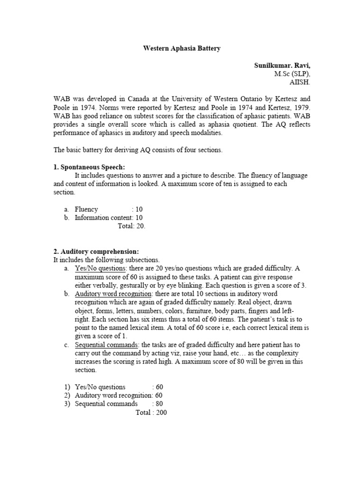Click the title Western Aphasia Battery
coord(182,48)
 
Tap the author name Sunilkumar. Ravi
coord(282,65)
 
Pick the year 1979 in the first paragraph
coord(300,107)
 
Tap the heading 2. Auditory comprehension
coord(96,252)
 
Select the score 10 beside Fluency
coord(139,209)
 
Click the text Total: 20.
coord(131,226)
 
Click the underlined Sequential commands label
coord(106,345)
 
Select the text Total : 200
coord(151,412)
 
